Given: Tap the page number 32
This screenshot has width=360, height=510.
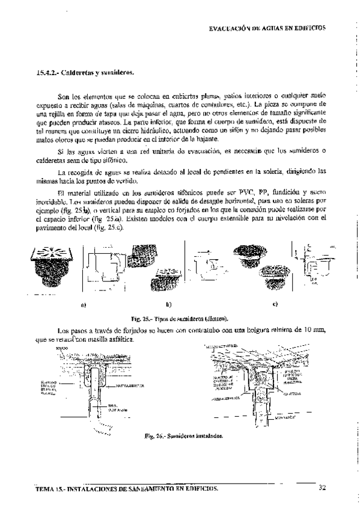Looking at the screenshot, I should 322,488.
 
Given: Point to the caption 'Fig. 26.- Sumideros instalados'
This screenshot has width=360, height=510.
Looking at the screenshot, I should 180,434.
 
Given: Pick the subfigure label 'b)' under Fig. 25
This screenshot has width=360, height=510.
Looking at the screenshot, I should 169,304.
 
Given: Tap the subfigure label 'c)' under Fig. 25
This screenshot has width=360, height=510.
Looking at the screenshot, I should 275,304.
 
